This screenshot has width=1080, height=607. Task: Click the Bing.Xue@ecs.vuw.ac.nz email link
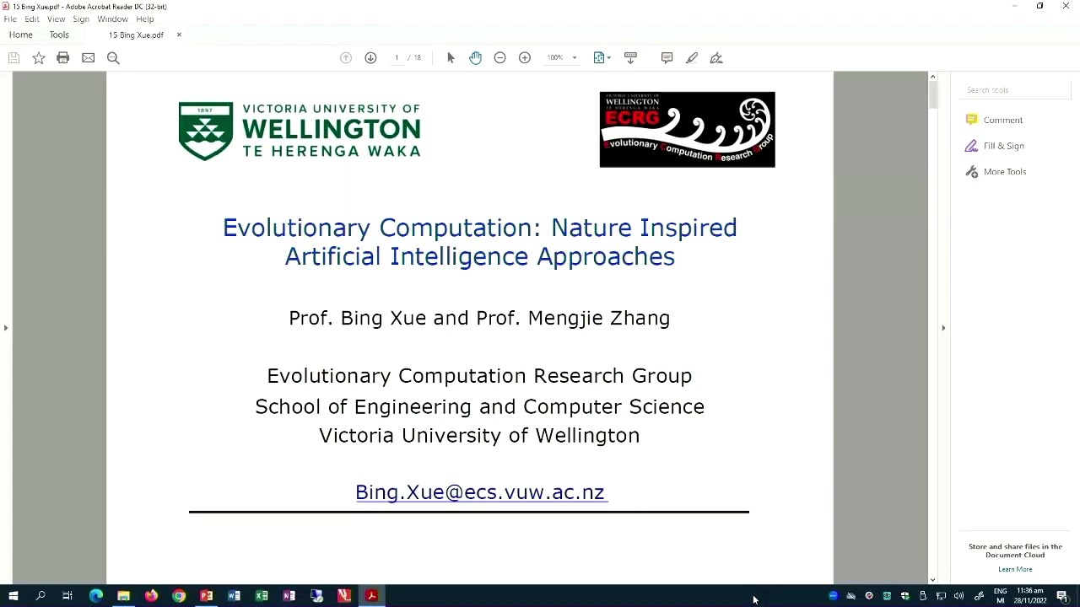(479, 492)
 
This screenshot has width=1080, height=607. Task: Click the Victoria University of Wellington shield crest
(205, 131)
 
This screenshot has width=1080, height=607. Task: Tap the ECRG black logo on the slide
(687, 130)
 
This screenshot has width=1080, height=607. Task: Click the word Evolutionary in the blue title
(296, 228)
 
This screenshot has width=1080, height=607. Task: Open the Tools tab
(59, 35)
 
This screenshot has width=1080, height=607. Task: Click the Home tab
(21, 35)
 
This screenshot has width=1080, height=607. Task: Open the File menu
(10, 19)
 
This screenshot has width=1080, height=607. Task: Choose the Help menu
(145, 19)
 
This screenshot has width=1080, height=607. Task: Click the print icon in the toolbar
(62, 57)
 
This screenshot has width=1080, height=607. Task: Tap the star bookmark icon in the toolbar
(39, 57)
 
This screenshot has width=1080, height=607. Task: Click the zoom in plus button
(525, 57)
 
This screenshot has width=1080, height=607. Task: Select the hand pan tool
(476, 57)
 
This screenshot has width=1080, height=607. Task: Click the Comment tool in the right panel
(1002, 120)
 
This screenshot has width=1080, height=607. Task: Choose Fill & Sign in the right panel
(1003, 146)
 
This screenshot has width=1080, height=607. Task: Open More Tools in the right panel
(1004, 172)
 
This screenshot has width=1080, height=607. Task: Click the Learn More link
(1015, 569)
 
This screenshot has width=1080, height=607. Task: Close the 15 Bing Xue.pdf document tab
(179, 35)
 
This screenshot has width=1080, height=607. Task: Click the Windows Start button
(13, 596)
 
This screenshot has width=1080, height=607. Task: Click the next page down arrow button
(370, 57)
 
